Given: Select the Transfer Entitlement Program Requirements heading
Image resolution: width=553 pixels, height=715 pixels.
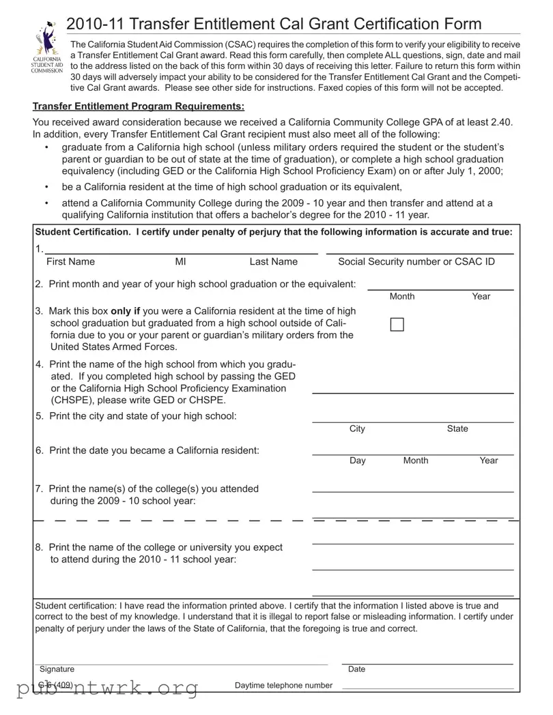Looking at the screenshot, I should [x=139, y=106].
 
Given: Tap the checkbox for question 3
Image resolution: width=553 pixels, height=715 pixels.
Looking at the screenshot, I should [x=397, y=325].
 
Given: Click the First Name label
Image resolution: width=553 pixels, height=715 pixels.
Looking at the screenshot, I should [x=70, y=262].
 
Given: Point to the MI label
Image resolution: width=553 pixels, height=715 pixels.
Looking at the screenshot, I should [x=180, y=262].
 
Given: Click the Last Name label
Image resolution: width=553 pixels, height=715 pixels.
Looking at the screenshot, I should [x=273, y=262].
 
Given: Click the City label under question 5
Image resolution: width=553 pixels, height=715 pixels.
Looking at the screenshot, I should [x=357, y=429].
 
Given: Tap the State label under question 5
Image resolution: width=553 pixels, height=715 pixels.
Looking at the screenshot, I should [x=457, y=429].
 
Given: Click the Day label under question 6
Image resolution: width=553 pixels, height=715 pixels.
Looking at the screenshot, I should [x=358, y=461].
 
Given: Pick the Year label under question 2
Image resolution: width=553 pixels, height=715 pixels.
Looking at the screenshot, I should [x=481, y=297].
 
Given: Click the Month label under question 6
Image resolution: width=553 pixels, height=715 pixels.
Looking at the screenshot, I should [x=416, y=461].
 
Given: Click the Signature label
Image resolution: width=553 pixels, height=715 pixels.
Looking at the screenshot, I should [x=57, y=670].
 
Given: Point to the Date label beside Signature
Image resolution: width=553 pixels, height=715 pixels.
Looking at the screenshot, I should [x=356, y=670].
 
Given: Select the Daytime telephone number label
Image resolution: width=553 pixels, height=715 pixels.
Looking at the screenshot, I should [x=283, y=686].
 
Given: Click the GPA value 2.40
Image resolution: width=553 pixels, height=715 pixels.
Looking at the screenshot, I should [x=500, y=122].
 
